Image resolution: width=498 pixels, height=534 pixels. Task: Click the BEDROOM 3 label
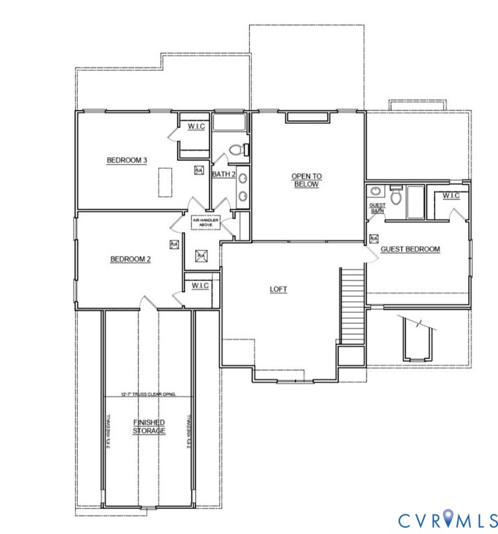coord(127,161)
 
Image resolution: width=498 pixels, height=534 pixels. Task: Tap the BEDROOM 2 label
coord(131,259)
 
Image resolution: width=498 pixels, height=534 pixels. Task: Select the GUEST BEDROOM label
coord(410,249)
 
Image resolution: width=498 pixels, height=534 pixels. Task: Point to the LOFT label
coord(279,289)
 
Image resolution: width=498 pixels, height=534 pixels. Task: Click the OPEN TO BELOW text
coord(305,181)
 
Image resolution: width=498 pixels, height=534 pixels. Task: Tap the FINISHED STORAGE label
coord(150,426)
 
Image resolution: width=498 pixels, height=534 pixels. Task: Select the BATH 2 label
coord(224,174)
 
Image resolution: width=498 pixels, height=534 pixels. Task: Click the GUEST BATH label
coord(377,208)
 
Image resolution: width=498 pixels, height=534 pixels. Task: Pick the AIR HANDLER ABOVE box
coord(206,222)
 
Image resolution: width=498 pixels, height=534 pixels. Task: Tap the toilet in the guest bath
coord(396,197)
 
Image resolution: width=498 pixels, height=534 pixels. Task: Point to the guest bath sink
coord(376,191)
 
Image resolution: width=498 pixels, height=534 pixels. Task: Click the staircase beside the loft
coord(352,306)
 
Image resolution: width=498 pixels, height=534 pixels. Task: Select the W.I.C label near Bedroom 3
coord(196,127)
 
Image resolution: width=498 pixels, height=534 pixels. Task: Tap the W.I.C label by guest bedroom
coord(451,196)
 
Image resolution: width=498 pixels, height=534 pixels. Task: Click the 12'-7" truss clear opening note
coord(148,394)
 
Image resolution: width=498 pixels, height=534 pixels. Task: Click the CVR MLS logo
coord(448,519)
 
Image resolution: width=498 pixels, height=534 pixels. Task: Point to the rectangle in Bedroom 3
coord(164,182)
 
